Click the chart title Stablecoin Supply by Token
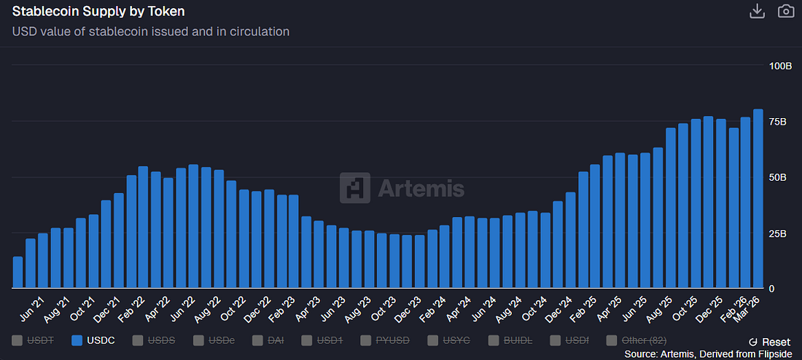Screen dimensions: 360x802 (98, 12)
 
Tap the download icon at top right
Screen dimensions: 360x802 (757, 11)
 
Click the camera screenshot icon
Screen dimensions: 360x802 (785, 11)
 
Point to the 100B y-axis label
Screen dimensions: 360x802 (781, 66)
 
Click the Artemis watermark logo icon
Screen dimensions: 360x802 (354, 188)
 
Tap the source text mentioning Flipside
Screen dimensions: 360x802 (708, 353)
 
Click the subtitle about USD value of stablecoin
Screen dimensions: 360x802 (151, 31)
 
